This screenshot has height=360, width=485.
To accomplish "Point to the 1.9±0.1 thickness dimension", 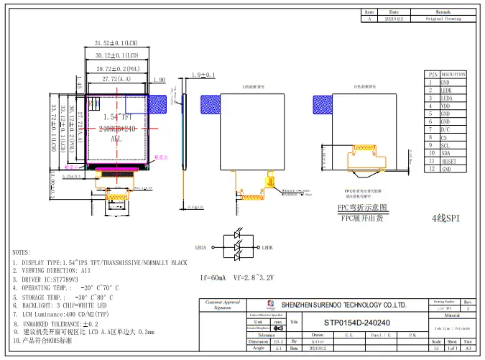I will [x=203, y=75].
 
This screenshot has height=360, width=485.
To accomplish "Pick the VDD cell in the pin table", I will [x=446, y=106].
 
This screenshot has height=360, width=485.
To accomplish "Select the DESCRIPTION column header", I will [x=453, y=74].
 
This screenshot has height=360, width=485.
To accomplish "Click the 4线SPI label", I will [x=445, y=217].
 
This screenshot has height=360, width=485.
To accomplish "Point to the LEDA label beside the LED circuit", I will [x=200, y=247].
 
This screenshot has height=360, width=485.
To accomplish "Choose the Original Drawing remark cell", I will [x=443, y=19].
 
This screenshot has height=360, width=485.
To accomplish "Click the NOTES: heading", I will [x=22, y=253].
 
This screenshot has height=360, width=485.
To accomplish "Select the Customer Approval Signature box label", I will [x=222, y=305].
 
